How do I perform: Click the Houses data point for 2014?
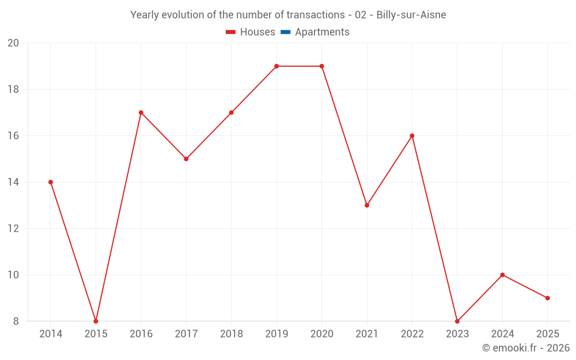click(51, 182)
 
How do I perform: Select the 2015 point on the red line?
click(96, 321)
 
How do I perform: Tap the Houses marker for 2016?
click(141, 112)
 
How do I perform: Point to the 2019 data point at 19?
click(276, 66)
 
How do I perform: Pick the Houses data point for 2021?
click(367, 205)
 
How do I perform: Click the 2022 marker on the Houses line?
click(412, 136)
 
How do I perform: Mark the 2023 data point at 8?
click(457, 321)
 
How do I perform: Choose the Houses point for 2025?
click(548, 298)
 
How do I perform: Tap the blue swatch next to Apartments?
click(285, 32)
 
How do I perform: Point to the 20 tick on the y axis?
click(13, 43)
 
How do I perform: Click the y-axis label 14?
click(13, 182)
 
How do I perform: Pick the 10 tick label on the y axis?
click(13, 275)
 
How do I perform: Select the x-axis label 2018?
click(232, 334)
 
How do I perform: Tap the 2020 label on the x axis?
click(321, 334)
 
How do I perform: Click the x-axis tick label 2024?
click(502, 334)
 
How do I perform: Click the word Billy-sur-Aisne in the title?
click(411, 15)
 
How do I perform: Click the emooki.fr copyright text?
click(526, 348)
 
